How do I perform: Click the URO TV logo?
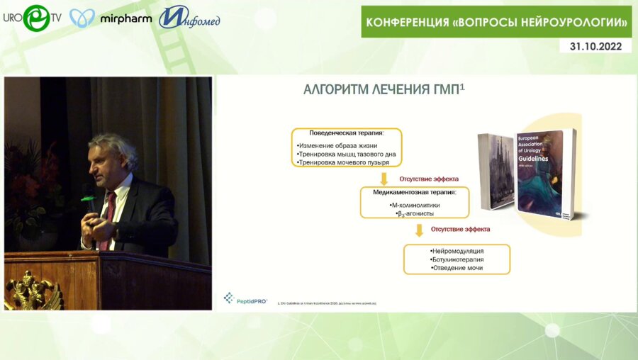click(x=32, y=17)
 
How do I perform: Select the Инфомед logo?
click(x=189, y=18)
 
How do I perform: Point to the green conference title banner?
click(x=497, y=22)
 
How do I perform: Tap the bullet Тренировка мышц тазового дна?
click(x=346, y=153)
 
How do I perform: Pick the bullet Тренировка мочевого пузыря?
click(x=342, y=162)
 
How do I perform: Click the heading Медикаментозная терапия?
click(x=415, y=192)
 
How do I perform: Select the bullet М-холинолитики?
click(x=415, y=204)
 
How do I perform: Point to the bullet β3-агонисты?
click(x=415, y=213)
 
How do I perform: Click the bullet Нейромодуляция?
click(x=457, y=251)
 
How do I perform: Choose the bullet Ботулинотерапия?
click(x=457, y=259)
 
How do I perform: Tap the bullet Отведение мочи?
click(x=457, y=268)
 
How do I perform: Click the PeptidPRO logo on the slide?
click(x=245, y=299)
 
